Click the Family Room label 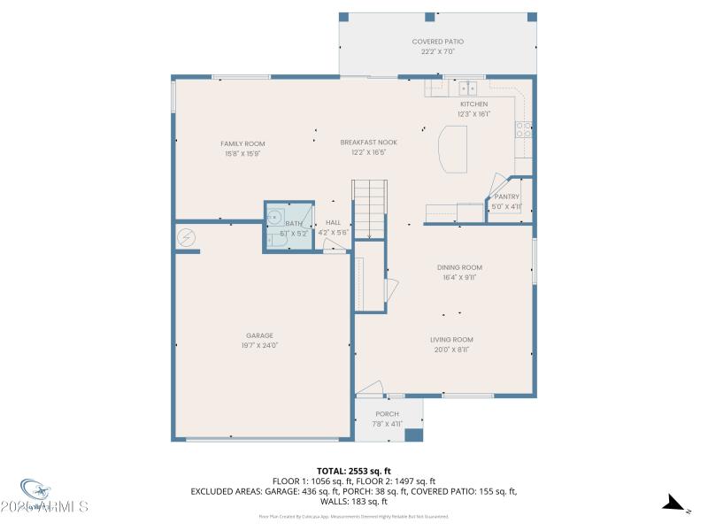coord(242,143)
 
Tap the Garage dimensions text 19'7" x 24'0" coord(259,345)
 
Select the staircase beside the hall coord(370,207)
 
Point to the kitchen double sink coord(467,87)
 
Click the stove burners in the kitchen coord(524,130)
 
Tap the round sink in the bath coord(276,216)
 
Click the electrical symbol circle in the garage coord(187,236)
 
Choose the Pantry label coord(506,196)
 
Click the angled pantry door coord(496,183)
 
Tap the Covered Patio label coord(437,42)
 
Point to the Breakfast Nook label coord(369,142)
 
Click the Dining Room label coord(459,267)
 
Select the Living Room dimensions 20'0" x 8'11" coord(451,350)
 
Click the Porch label coord(387,414)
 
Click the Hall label coord(333,222)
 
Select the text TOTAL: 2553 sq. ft coord(354,471)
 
